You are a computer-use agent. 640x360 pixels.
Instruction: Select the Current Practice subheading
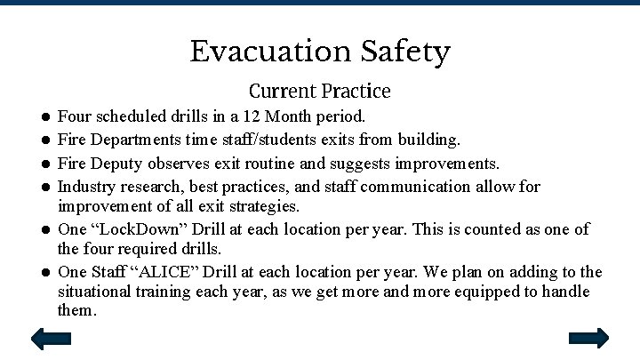coord(319,91)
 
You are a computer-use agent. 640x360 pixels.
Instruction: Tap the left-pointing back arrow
coord(51,338)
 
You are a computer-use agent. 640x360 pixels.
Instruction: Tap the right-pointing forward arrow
coord(588,338)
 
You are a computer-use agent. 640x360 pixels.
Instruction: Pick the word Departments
coord(132,140)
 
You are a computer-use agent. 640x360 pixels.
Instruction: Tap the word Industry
coord(84,188)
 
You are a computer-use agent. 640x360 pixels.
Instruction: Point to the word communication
coord(430,188)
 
